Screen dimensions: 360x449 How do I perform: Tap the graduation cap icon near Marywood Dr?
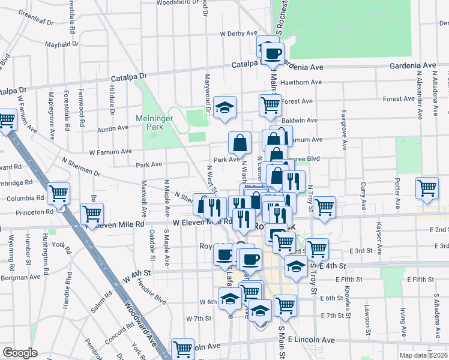tap(225, 109)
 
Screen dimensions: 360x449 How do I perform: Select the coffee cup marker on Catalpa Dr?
tap(273, 52)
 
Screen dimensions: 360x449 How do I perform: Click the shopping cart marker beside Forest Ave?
tap(270, 106)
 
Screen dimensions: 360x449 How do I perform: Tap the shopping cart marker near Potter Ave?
tap(427, 187)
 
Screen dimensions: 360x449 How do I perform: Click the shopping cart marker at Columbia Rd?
tap(59, 193)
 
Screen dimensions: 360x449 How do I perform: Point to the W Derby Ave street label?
tap(238, 34)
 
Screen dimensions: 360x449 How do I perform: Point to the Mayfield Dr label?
tap(62, 44)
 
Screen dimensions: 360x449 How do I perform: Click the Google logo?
tap(20, 353)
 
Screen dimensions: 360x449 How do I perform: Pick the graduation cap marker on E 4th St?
tap(296, 267)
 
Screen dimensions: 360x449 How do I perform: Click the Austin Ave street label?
tap(113, 128)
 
